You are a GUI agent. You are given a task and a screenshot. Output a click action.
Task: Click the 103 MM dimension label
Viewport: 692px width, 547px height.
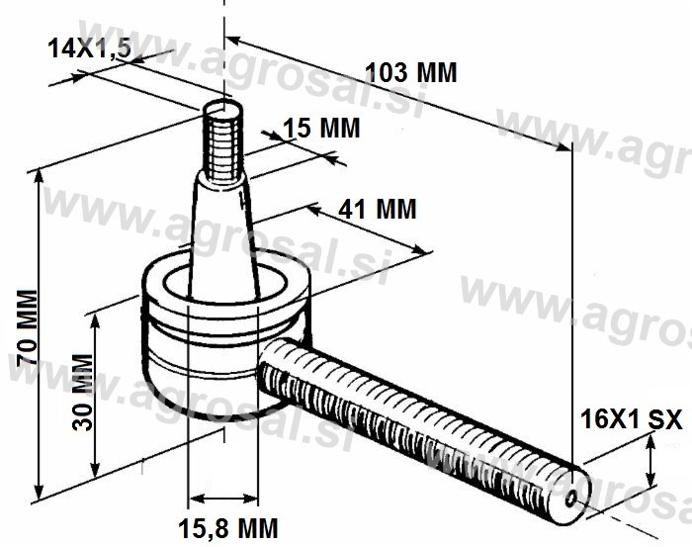tap(411, 73)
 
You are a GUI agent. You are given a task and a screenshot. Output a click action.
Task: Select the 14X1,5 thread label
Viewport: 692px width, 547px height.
tap(90, 47)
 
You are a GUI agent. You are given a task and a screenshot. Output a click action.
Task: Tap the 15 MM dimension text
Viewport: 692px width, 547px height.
tap(321, 128)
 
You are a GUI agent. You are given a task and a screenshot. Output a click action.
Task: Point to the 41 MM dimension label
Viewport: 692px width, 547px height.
tap(378, 209)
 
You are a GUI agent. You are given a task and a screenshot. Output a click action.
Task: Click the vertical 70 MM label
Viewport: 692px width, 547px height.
tap(27, 327)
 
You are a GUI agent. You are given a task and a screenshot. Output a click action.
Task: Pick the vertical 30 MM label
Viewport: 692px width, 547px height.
tap(83, 392)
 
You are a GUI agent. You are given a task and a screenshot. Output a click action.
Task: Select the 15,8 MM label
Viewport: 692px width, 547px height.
tap(228, 528)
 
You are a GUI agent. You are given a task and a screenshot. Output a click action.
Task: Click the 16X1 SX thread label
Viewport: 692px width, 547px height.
tap(631, 419)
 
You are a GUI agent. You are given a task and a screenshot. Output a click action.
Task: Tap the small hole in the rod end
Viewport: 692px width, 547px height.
tap(571, 500)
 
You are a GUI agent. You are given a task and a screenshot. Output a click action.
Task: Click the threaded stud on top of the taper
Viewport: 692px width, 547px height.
tap(223, 141)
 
